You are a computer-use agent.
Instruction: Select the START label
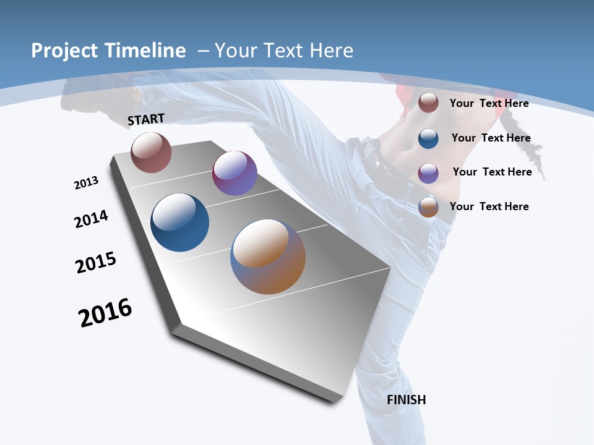[x=146, y=119]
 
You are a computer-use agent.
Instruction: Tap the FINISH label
[x=406, y=400]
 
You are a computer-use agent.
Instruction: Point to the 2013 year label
[x=86, y=183]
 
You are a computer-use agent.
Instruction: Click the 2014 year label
[x=91, y=219]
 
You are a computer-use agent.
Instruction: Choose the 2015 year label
[x=96, y=263]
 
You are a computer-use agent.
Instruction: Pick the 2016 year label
[x=105, y=313]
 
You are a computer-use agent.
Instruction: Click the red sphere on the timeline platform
[x=151, y=152]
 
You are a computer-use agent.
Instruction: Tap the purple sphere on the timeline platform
[x=235, y=173]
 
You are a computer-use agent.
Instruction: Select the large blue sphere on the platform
[x=180, y=222]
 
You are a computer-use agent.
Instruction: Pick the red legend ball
[x=428, y=103]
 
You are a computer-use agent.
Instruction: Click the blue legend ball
[x=428, y=138]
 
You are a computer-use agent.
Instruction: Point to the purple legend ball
[x=428, y=172]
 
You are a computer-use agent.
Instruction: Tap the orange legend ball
[x=428, y=207]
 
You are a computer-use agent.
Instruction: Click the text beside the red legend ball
[x=489, y=103]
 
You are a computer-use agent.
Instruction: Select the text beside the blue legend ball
[x=491, y=138]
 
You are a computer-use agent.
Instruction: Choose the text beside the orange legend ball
[x=489, y=206]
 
